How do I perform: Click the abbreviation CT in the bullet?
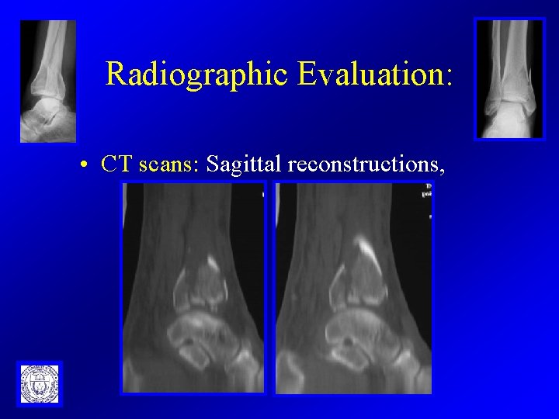[116, 164]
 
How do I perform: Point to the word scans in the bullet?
[171, 164]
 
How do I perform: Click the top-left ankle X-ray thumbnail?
[48, 81]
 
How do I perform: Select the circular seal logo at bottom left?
[39, 383]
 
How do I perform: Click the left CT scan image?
[193, 287]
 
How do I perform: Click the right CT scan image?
[353, 287]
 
